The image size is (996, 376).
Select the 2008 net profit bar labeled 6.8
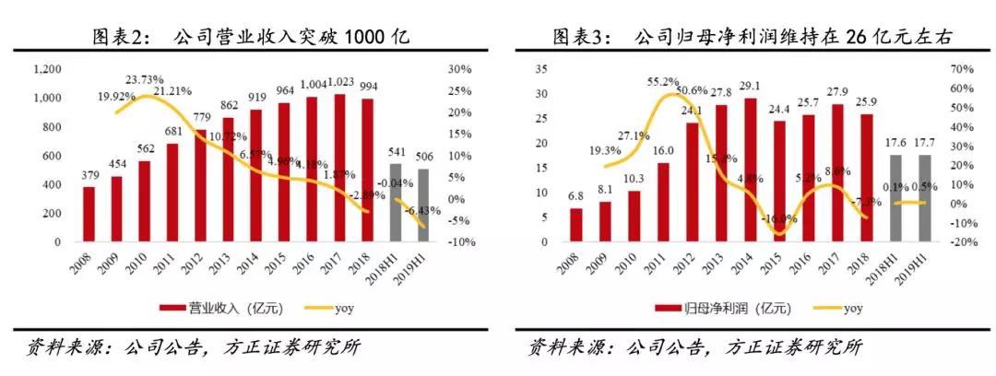[x=576, y=225]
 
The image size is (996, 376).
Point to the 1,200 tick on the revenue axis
[x=47, y=69]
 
